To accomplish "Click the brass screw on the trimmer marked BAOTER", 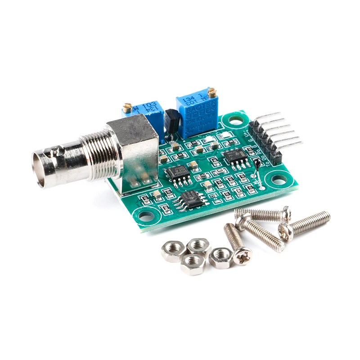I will pos(212,93).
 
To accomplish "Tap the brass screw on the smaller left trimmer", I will pos(127,108).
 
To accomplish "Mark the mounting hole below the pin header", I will pos(279,180).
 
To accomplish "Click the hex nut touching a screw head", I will pos(221,258).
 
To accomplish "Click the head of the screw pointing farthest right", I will pos(286,231).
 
